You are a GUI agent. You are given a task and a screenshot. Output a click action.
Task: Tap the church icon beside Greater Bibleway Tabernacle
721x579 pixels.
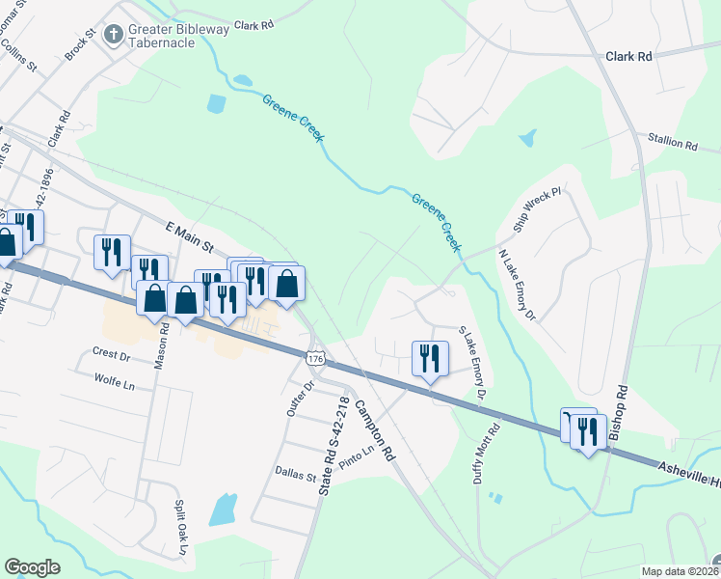[x=114, y=36]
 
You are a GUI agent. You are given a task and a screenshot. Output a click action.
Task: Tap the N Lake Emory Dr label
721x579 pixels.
[x=516, y=285]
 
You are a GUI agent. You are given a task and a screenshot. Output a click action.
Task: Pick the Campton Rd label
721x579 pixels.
[x=375, y=429]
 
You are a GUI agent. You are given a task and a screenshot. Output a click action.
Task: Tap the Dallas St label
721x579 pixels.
[x=297, y=477]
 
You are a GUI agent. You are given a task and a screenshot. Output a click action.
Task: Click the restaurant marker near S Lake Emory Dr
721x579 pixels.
[x=427, y=358]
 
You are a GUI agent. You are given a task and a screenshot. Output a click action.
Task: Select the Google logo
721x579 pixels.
[x=32, y=567]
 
